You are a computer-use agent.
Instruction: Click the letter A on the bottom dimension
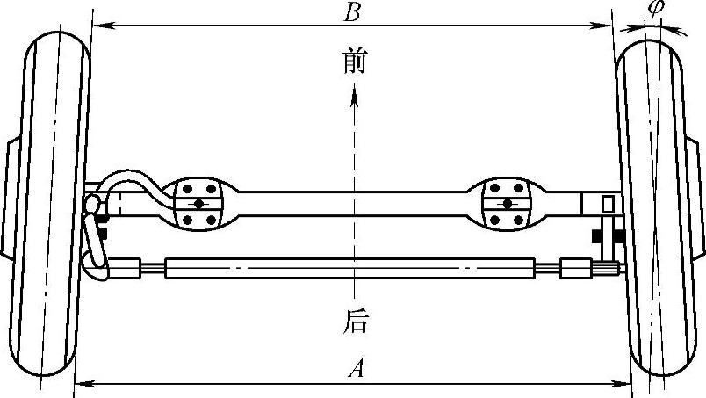[355, 369]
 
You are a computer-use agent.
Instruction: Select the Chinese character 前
[355, 62]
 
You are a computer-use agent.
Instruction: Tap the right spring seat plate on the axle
[507, 204]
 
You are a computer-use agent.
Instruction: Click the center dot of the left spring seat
[200, 204]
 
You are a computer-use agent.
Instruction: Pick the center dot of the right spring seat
[507, 204]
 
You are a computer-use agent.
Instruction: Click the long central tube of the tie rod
[351, 265]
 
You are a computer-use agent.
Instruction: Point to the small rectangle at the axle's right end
[607, 204]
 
